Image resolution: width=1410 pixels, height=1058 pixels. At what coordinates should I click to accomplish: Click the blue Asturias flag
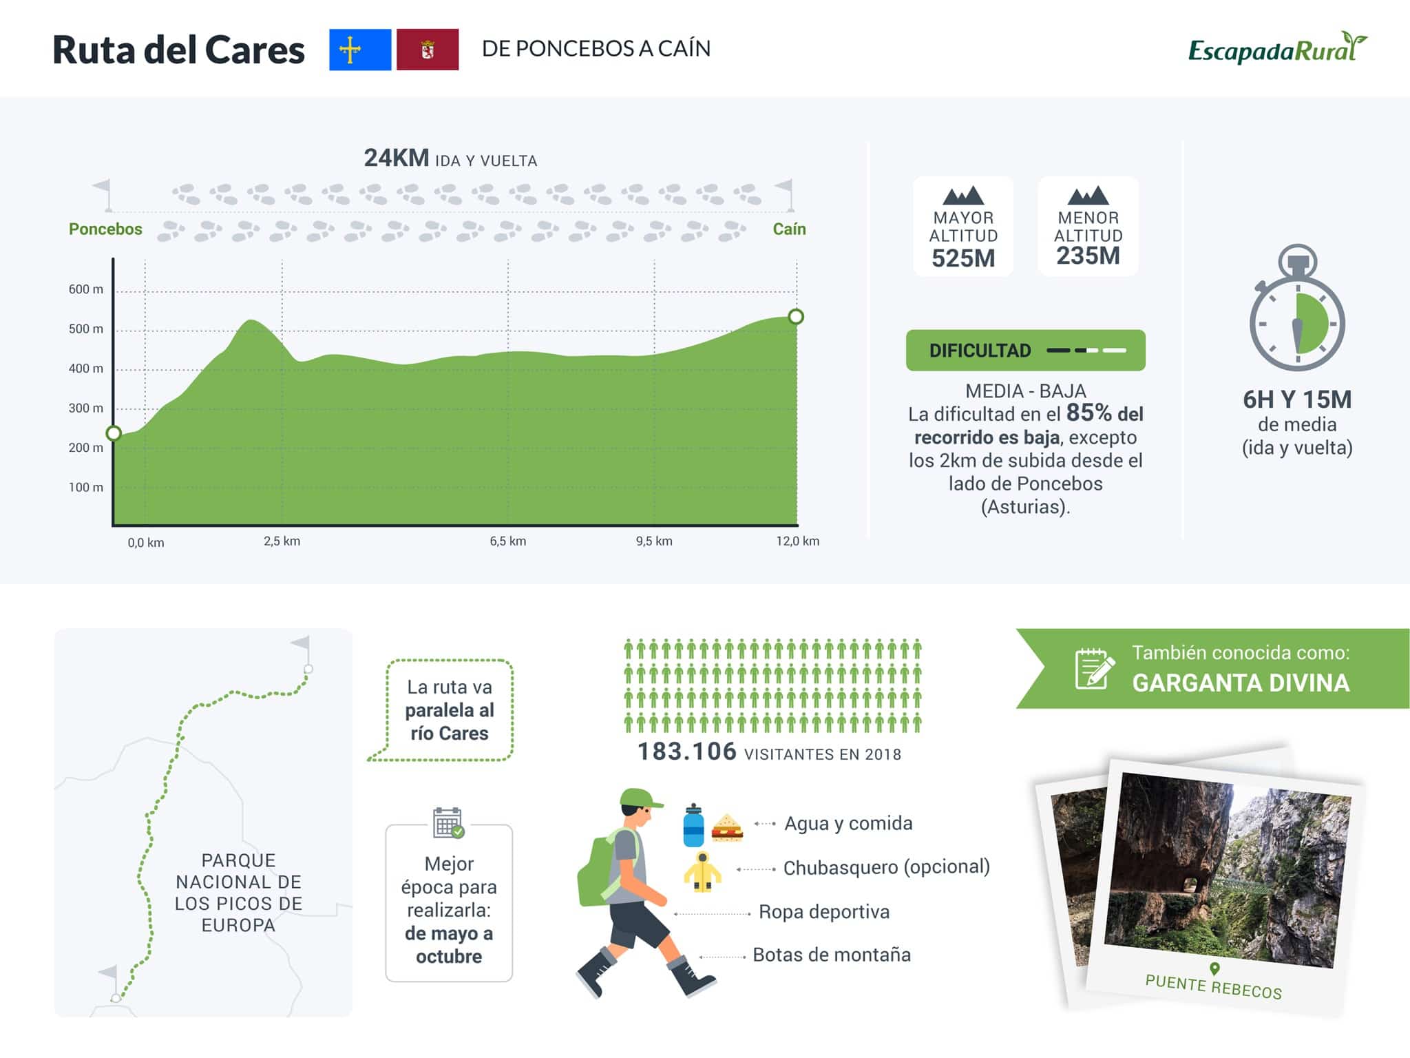tap(360, 50)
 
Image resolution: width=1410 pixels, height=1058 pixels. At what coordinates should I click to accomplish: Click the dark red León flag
tap(428, 50)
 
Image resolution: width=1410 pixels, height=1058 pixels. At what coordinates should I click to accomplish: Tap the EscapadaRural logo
tap(1278, 48)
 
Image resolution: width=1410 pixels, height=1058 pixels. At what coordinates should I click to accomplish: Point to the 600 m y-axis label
tap(86, 289)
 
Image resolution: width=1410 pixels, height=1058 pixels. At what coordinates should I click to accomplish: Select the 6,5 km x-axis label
tap(508, 541)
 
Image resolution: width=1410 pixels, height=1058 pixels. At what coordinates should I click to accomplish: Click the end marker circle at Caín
tap(796, 317)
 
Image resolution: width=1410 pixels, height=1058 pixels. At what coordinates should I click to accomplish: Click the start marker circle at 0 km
tap(114, 433)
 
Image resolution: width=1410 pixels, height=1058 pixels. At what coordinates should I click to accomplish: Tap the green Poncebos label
tap(105, 229)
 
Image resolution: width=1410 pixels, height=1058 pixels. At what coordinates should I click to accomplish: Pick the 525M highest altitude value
tap(963, 259)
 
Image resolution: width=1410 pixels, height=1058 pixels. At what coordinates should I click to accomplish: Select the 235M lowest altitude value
tap(1088, 256)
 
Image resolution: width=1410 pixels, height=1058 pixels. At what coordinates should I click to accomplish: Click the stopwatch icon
tap(1297, 309)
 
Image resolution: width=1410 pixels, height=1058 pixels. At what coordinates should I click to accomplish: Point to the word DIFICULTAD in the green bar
tap(980, 351)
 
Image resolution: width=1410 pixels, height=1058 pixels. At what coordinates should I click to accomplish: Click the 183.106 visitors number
tap(686, 751)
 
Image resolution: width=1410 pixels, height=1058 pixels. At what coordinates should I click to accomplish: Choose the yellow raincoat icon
tap(702, 872)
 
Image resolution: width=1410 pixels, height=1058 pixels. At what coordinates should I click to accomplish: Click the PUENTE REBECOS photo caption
tap(1213, 986)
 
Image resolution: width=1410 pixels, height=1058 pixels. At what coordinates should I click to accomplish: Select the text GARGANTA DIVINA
tap(1241, 683)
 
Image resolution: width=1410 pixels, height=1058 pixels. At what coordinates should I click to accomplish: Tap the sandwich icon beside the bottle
tap(727, 828)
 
